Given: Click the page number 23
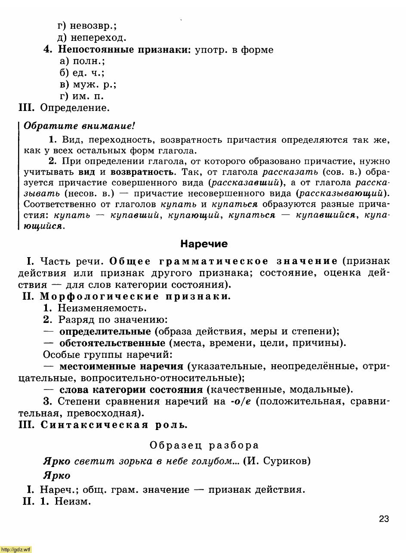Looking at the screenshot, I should click(x=384, y=519).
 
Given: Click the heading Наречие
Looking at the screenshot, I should click(x=204, y=244).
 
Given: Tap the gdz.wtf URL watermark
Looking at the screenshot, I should click(x=16, y=549).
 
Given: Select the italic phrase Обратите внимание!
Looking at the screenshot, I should click(x=79, y=126).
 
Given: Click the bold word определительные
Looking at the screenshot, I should click(x=105, y=332).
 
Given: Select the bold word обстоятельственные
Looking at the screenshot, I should click(x=112, y=343).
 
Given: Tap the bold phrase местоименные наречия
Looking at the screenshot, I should click(x=121, y=366).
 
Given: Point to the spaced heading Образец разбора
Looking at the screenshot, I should click(x=204, y=445).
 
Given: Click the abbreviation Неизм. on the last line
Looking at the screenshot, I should click(x=73, y=501).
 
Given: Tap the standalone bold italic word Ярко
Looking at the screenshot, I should click(x=56, y=476).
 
